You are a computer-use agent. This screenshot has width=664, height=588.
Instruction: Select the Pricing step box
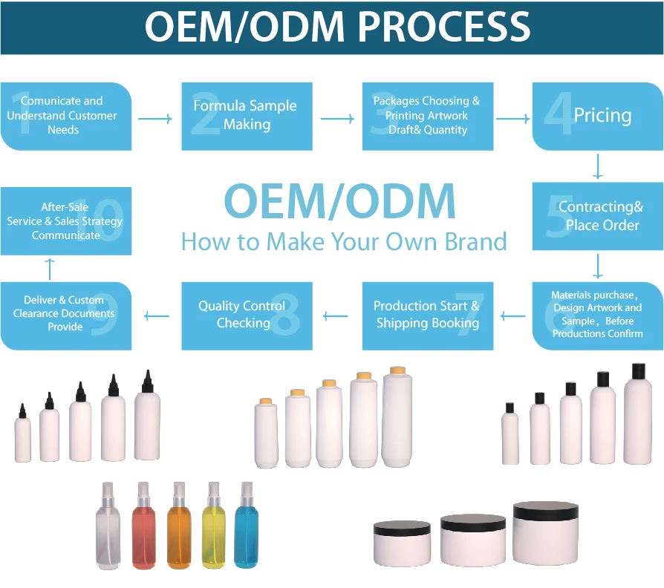tap(597, 116)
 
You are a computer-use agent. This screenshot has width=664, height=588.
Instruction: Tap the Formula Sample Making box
tap(247, 116)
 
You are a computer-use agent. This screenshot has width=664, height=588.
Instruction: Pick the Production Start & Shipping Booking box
tap(427, 315)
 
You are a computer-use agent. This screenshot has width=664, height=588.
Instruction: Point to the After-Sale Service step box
tap(65, 221)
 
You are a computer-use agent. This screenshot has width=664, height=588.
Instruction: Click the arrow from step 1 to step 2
tap(155, 118)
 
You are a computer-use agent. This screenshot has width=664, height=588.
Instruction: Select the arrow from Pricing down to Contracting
tap(598, 166)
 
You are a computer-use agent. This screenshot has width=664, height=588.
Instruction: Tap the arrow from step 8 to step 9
tap(156, 316)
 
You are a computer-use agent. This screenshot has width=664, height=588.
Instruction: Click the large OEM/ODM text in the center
tap(339, 201)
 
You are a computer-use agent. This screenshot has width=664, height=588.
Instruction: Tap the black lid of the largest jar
tap(546, 510)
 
